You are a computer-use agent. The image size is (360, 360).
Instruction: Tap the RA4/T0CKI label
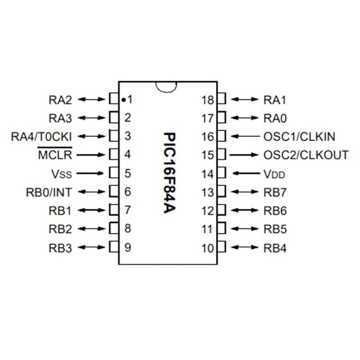(42, 136)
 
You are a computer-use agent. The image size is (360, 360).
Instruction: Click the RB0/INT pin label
(49, 192)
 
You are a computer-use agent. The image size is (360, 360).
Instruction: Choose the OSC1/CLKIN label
(299, 136)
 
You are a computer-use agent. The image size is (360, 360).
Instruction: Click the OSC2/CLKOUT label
(305, 155)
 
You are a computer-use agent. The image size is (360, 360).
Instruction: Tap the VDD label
(274, 174)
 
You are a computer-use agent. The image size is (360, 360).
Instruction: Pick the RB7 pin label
(275, 192)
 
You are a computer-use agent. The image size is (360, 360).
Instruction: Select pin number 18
(208, 99)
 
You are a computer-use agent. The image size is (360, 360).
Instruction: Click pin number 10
(208, 248)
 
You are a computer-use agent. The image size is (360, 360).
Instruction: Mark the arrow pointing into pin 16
(245, 136)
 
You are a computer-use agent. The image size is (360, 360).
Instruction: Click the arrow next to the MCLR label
(91, 155)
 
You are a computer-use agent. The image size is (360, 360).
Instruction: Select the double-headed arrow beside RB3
(91, 247)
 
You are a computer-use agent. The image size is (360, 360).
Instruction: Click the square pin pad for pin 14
(222, 173)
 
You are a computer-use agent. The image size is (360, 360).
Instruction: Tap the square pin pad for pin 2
(114, 118)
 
